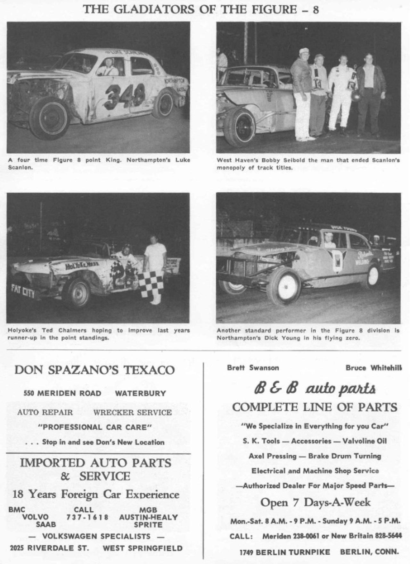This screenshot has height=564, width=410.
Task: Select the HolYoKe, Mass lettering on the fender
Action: [x=82, y=265]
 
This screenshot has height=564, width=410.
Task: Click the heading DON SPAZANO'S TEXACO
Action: [x=94, y=370]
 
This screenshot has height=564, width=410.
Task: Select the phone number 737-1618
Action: [x=87, y=517]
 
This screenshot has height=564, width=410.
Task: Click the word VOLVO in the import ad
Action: [x=35, y=517]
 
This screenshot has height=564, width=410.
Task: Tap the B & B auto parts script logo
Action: [x=315, y=388]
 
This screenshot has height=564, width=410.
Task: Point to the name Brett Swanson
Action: [x=253, y=368]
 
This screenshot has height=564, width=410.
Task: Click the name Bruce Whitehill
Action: [x=373, y=368]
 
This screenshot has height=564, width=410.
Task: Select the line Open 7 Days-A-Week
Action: [x=315, y=502]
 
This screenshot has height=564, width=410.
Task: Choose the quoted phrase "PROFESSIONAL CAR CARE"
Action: [x=94, y=427]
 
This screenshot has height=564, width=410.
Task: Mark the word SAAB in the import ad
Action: [x=46, y=525]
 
